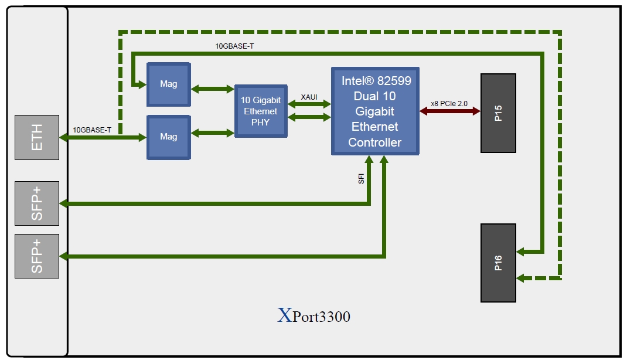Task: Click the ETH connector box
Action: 37,137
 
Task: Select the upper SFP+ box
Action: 37,203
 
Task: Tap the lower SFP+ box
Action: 37,256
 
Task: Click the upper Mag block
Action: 169,84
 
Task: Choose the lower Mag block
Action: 169,137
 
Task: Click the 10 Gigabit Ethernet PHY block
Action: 261,111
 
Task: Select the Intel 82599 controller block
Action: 375,111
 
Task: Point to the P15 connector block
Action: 498,113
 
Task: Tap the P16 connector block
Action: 498,263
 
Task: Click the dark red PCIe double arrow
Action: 450,111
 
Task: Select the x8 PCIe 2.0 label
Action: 449,103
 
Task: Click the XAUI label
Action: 309,96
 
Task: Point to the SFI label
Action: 362,178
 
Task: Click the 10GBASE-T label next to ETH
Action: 92,130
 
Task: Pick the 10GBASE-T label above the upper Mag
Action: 234,46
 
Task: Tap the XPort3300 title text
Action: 313,317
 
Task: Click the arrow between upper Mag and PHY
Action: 213,89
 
